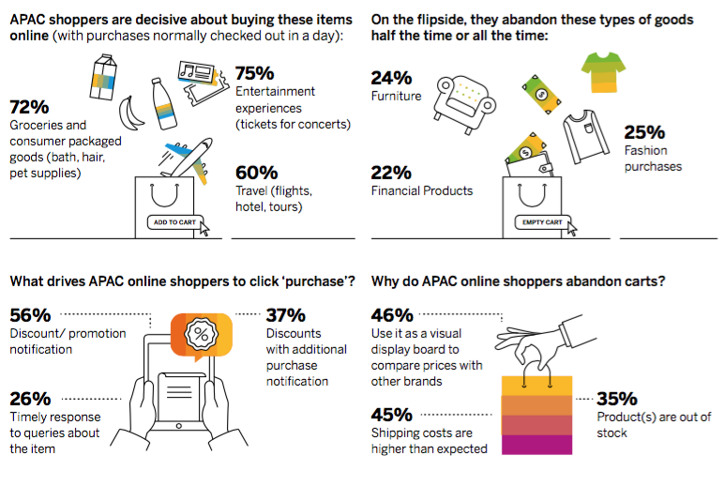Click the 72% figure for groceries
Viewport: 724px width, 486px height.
29,107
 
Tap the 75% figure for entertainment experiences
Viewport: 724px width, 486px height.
255,73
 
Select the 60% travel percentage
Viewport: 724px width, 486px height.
256,173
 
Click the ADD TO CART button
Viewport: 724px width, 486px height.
173,222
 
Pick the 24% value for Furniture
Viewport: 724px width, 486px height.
390,77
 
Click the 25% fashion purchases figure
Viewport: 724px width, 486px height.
644,132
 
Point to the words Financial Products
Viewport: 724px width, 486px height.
421,190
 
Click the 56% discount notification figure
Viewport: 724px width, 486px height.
30,315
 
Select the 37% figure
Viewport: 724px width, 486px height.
285,315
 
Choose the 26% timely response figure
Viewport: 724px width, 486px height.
30,399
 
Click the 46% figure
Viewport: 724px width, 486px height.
392,315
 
